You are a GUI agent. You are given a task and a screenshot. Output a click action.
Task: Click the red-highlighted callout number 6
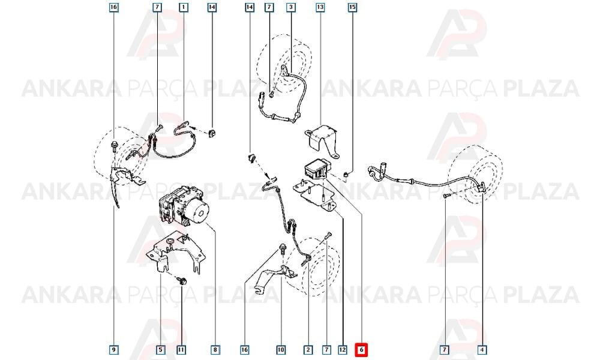click(x=361, y=349)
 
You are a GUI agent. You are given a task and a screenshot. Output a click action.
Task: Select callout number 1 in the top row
click(x=184, y=7)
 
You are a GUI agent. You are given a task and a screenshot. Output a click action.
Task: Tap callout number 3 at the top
click(x=291, y=7)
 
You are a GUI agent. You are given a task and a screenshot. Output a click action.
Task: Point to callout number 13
click(x=320, y=7)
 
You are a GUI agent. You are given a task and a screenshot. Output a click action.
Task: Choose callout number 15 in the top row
click(x=352, y=7)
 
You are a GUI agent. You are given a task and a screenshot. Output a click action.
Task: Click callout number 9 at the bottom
click(x=113, y=349)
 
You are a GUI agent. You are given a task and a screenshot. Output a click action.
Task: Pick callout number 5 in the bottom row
click(x=161, y=349)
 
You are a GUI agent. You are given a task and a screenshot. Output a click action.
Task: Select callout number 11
click(x=181, y=349)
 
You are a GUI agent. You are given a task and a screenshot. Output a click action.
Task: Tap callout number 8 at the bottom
click(x=215, y=349)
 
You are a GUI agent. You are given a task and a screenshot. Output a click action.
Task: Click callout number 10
click(x=281, y=349)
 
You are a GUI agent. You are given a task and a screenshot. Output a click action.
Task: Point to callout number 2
click(x=308, y=349)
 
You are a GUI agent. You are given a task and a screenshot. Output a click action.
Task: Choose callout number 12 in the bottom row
click(x=343, y=349)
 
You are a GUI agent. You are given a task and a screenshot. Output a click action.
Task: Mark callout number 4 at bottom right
click(x=482, y=349)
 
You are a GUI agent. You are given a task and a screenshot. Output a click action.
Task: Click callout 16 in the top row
click(x=113, y=7)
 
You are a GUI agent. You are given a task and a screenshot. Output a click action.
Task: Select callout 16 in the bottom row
click(x=245, y=349)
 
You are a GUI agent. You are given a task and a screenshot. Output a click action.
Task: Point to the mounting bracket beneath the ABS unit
click(x=175, y=253)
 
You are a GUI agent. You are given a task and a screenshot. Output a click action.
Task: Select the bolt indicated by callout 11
click(x=182, y=281)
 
